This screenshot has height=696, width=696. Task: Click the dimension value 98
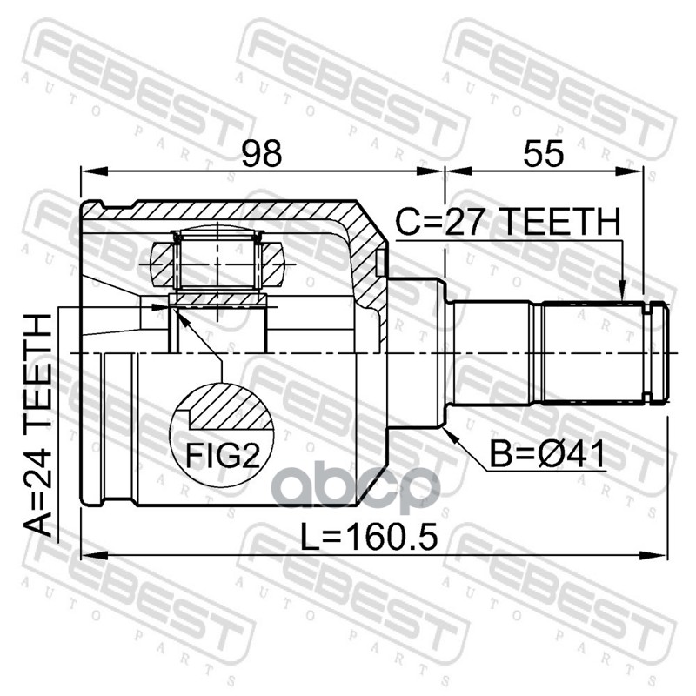click(262, 153)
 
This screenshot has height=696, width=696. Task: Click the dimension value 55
click(543, 153)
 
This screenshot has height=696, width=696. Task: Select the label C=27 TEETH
click(508, 222)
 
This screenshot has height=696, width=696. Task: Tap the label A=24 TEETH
click(38, 425)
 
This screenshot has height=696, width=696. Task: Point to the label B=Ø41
click(547, 454)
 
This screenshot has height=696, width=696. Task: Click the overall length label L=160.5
click(369, 536)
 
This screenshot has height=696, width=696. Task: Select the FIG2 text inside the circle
click(223, 456)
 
